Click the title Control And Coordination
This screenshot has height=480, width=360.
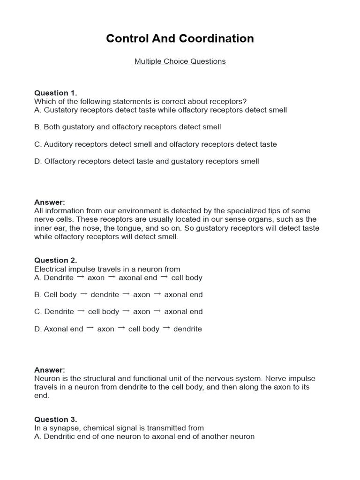click(180, 38)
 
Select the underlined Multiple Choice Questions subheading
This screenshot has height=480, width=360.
click(180, 61)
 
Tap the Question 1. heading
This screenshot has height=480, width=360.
click(55, 93)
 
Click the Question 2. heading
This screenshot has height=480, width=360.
click(55, 260)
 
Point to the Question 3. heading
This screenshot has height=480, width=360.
click(55, 420)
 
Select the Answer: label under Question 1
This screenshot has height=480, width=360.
click(50, 202)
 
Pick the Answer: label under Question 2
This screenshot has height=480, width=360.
click(50, 370)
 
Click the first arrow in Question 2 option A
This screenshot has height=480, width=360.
click(81, 277)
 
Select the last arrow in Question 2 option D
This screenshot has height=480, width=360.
click(166, 329)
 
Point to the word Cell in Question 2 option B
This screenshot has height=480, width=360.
click(51, 295)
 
